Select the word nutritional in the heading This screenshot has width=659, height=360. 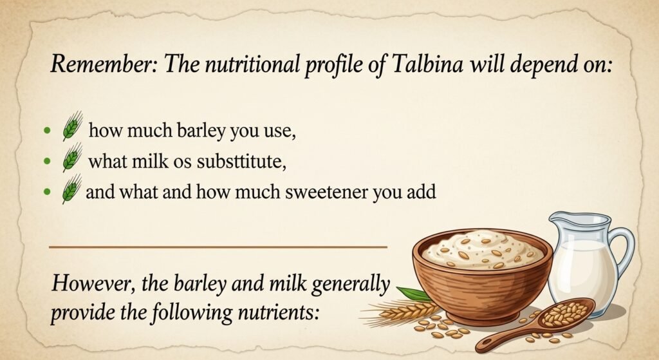point(248,64)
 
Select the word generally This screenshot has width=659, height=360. point(351,285)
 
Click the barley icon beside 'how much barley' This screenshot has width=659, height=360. point(72,126)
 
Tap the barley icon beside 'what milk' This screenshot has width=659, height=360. point(72,157)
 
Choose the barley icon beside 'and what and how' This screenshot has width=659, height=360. point(72,189)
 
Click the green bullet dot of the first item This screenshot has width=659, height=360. point(47,130)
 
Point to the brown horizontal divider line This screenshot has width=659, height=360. point(218,247)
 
